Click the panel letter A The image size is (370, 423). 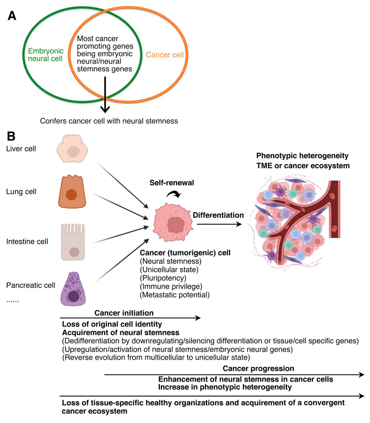click(12, 16)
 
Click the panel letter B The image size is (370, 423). click(11, 136)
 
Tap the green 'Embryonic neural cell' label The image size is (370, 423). click(46, 55)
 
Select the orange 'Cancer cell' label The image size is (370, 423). click(165, 55)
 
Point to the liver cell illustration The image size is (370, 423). click(72, 148)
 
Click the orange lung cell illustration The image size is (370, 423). click(72, 191)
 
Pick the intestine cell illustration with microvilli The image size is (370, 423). click(73, 242)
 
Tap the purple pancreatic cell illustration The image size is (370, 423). click(73, 289)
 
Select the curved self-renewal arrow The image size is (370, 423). click(174, 194)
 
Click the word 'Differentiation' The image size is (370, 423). click(218, 215)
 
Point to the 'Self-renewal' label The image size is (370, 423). click(172, 183)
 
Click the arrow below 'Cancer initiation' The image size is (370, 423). click(130, 318)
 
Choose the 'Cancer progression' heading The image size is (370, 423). click(258, 368)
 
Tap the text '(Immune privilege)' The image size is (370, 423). click(171, 286)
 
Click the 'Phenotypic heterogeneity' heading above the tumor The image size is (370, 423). click(302, 156)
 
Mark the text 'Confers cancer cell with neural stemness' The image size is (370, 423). click(109, 121)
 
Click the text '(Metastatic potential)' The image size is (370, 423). click(175, 295)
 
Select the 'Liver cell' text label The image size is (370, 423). click(21, 149)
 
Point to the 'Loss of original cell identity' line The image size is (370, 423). click(112, 324)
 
